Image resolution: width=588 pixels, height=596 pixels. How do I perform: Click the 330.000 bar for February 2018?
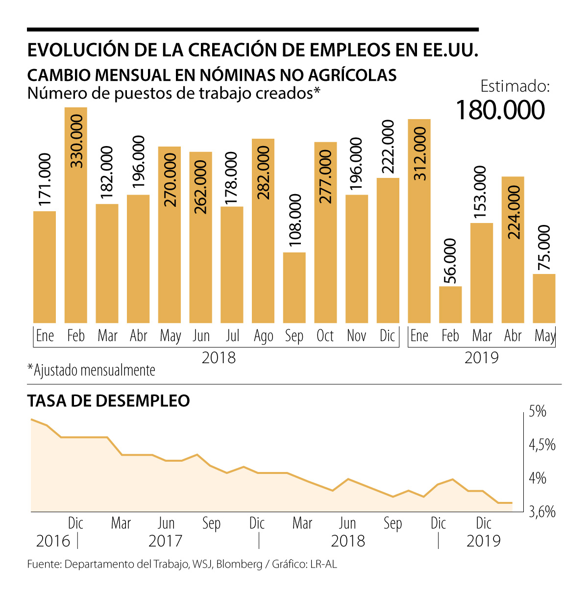coord(76,216)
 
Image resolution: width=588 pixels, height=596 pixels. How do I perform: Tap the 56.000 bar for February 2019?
coord(450,304)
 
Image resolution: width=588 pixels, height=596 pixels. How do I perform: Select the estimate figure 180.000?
coord(500,110)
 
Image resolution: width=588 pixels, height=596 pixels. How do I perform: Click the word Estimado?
coord(515,87)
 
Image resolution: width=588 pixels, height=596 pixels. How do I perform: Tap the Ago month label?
coord(263,336)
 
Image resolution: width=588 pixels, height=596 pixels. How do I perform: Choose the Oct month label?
coord(325,336)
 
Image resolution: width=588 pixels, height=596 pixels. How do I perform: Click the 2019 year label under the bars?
coord(481,358)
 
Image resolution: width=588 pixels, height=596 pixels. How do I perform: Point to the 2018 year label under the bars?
coord(219,358)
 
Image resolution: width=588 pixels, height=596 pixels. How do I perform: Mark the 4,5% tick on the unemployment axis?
coord(541,446)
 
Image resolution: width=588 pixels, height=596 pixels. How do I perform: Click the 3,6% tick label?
coord(542,512)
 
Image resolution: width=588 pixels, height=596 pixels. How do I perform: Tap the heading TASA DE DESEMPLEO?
coord(108,401)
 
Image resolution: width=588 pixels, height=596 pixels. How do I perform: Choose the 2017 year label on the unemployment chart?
coord(165,541)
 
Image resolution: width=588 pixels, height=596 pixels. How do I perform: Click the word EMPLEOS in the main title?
coord(344,50)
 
